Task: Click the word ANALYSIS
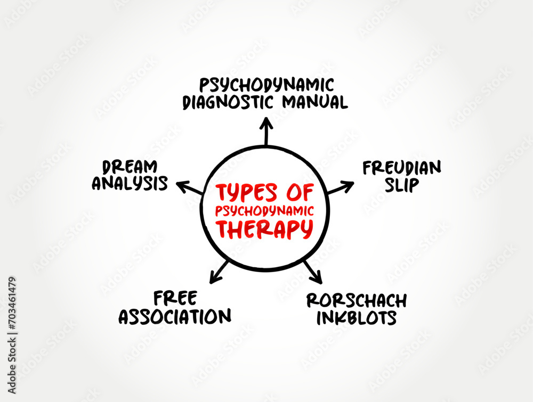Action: tap(130, 184)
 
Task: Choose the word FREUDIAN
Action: tap(402, 168)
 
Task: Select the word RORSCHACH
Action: tap(357, 300)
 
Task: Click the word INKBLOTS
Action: tap(357, 318)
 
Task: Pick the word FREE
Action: tap(175, 297)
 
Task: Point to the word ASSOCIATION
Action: tap(175, 316)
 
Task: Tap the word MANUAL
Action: tap(318, 102)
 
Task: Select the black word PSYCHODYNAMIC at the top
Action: tap(266, 85)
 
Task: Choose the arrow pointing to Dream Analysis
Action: tap(190, 188)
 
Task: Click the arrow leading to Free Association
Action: tap(219, 272)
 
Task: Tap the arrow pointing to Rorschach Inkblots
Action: tap(313, 272)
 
